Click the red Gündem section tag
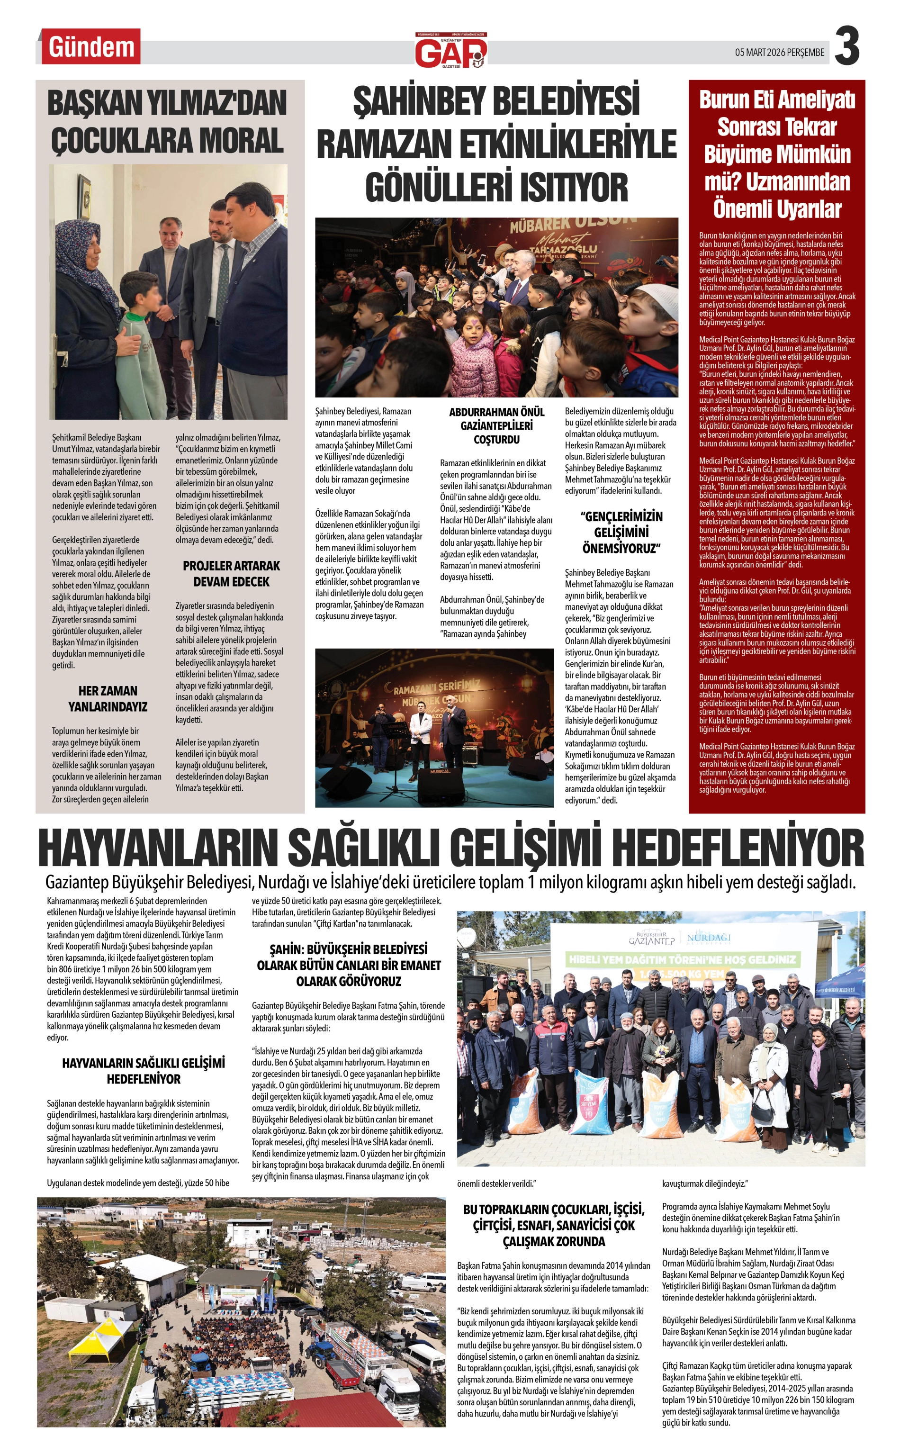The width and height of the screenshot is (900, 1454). (x=91, y=47)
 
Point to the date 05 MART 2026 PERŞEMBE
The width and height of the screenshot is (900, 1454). (x=779, y=53)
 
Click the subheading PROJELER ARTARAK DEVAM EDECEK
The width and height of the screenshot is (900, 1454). (x=231, y=573)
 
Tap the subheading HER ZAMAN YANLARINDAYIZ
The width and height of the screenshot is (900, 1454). (x=107, y=698)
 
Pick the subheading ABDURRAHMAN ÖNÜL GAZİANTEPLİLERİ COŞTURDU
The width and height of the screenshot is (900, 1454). (x=496, y=425)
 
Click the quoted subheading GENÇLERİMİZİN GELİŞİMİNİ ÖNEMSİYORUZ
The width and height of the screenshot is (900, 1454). (x=621, y=532)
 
